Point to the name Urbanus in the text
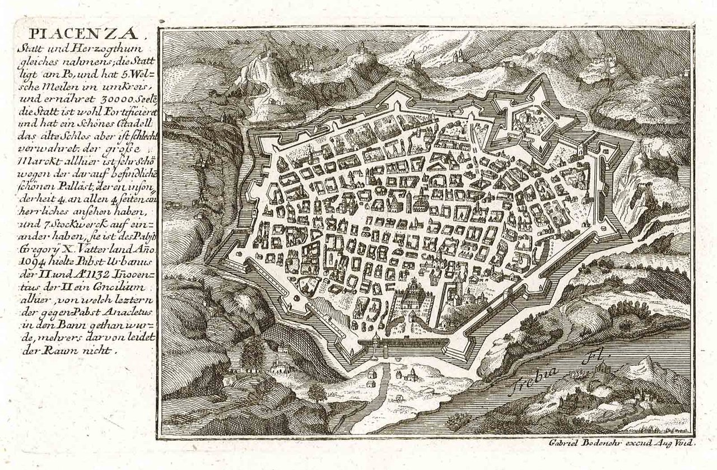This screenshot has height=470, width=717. point(122,260)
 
